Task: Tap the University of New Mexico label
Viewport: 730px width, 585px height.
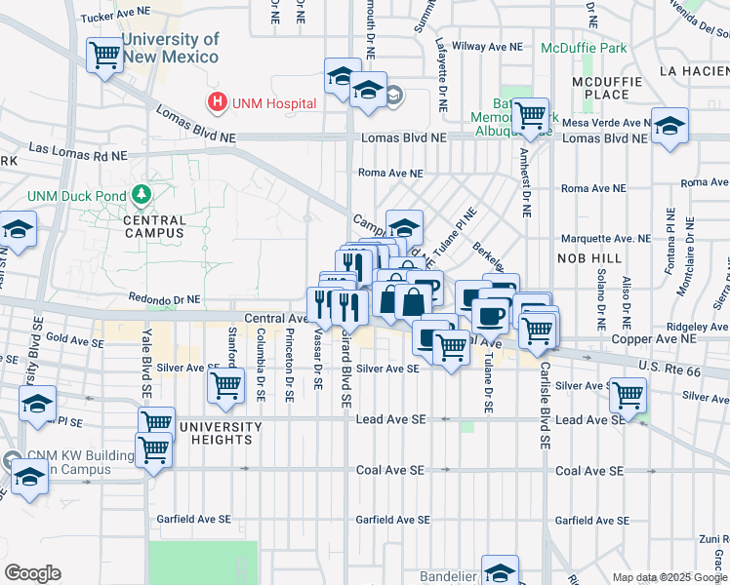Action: (171, 48)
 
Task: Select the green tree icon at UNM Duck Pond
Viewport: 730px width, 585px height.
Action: (142, 195)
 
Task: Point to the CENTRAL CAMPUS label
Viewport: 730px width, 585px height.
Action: (154, 227)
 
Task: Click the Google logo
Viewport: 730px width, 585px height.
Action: (32, 573)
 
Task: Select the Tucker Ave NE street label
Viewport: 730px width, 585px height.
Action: (116, 18)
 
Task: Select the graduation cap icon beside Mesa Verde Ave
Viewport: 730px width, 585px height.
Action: (669, 126)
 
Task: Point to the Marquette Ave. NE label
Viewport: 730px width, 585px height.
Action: (606, 238)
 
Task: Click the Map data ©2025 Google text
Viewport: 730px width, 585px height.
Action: (669, 577)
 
